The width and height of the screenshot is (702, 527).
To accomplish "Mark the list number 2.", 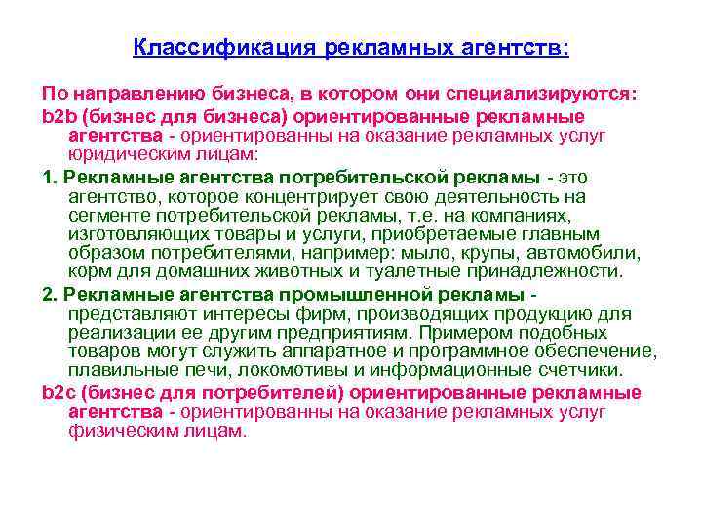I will pyautogui.click(x=48, y=294).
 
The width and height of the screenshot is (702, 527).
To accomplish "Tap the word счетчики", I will pyautogui.click(x=598, y=372).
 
